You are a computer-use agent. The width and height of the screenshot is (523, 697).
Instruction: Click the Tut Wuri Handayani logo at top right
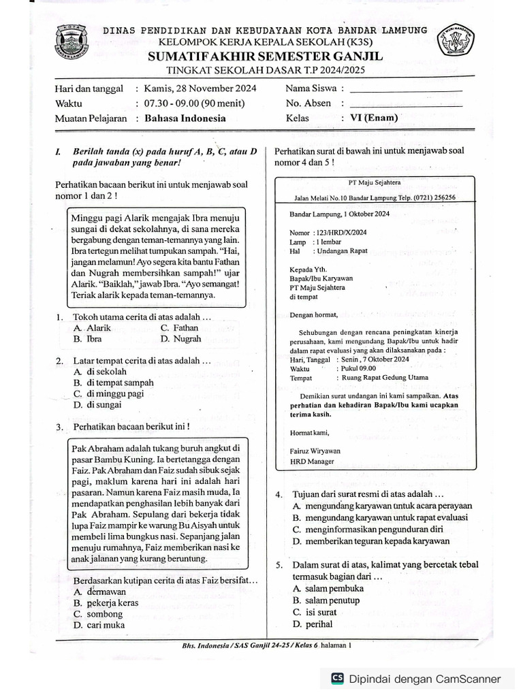coord(456,42)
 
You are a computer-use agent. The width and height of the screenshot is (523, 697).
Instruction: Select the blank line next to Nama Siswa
coord(405,89)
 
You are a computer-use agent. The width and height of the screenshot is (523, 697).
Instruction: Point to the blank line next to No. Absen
coord(405,104)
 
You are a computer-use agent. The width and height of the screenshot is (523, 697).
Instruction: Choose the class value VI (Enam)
coord(374,118)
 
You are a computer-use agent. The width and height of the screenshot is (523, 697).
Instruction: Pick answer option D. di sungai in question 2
coord(98,404)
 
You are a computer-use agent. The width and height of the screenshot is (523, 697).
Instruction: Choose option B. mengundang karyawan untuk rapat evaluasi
coord(379,517)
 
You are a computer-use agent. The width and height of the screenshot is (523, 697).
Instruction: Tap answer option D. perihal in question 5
coord(313,623)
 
